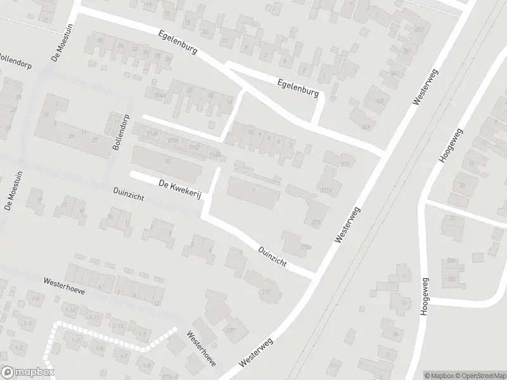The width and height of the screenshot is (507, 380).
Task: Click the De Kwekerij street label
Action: point(179,189)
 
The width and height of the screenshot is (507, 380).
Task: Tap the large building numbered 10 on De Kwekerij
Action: point(166,162)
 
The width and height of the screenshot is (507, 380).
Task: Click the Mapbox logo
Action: point(27,372)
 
